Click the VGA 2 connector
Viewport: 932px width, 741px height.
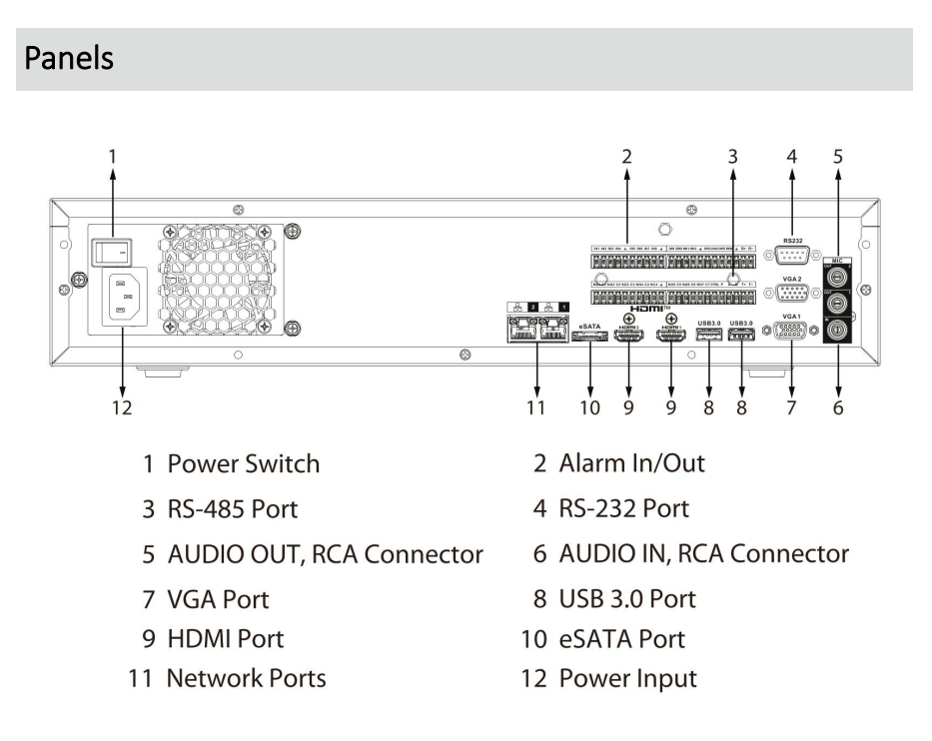tap(794, 295)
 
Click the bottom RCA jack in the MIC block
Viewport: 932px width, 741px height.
tap(837, 330)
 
